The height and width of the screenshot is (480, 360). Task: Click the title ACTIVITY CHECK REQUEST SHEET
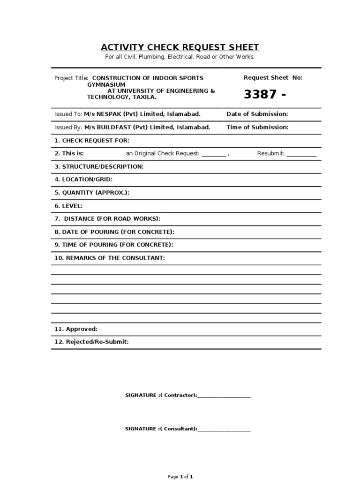pyautogui.click(x=180, y=47)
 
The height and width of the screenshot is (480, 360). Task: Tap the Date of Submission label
pyautogui.click(x=257, y=114)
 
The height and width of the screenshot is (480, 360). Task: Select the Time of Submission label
pyautogui.click(x=257, y=127)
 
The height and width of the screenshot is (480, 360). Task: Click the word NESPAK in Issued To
pyautogui.click(x=106, y=114)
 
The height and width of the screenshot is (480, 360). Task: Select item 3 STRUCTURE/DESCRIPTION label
pyautogui.click(x=99, y=166)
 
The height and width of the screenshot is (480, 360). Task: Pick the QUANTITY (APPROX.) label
pyautogui.click(x=92, y=192)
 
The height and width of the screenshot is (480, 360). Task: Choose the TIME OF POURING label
pyautogui.click(x=114, y=245)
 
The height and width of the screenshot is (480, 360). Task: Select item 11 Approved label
pyautogui.click(x=76, y=329)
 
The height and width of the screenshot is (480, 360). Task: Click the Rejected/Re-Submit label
pyautogui.click(x=91, y=342)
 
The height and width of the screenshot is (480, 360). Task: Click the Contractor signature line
pyautogui.click(x=224, y=397)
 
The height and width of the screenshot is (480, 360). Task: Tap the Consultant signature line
pyautogui.click(x=224, y=430)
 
